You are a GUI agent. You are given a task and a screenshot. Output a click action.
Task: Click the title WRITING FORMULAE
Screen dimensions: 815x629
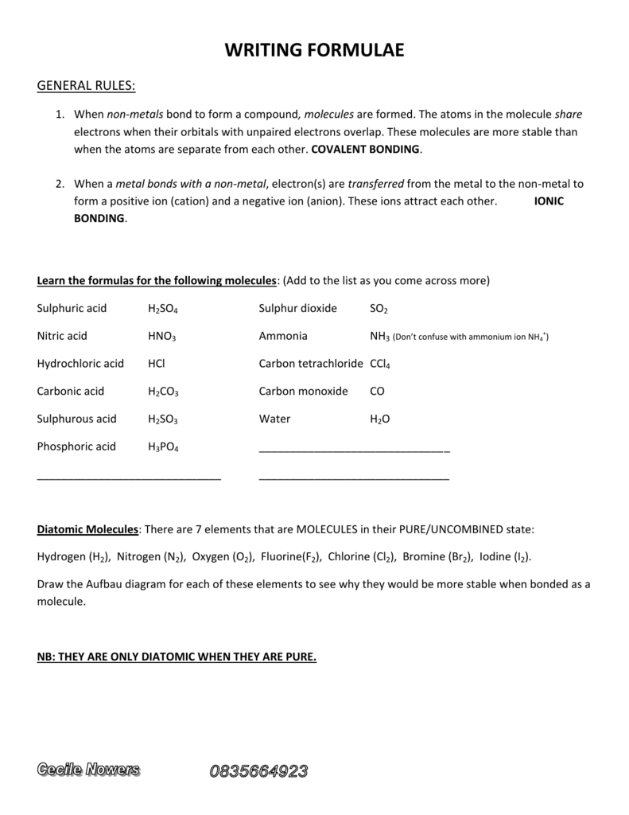pyautogui.click(x=314, y=50)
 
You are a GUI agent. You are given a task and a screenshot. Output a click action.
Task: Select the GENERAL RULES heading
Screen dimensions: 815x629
pyautogui.click(x=86, y=86)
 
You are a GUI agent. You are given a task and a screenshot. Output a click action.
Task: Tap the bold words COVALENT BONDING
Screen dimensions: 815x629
pyautogui.click(x=366, y=149)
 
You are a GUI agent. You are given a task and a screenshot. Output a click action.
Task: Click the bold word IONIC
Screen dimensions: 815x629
pyautogui.click(x=549, y=201)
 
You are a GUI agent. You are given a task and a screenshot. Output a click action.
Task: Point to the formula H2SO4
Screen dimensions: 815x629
pyautogui.click(x=164, y=309)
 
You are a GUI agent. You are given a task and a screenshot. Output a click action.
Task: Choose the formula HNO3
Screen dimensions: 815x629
pyautogui.click(x=161, y=337)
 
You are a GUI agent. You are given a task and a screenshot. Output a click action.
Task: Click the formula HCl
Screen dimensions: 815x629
pyautogui.click(x=156, y=364)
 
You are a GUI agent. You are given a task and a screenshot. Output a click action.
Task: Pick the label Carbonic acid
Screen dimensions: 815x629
pyautogui.click(x=71, y=392)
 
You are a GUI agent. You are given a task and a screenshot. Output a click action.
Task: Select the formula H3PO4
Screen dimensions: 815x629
pyautogui.click(x=163, y=447)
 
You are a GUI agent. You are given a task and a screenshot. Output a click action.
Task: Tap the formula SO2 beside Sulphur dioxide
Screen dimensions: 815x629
pyautogui.click(x=379, y=309)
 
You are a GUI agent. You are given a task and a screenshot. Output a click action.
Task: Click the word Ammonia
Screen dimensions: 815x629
pyautogui.click(x=283, y=336)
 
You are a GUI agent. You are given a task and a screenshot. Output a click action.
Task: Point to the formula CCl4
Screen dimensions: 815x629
pyautogui.click(x=380, y=365)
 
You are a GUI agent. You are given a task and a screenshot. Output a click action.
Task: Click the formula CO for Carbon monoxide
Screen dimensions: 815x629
pyautogui.click(x=377, y=392)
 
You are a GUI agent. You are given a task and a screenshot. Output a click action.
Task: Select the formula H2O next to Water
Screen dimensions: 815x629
pyautogui.click(x=380, y=419)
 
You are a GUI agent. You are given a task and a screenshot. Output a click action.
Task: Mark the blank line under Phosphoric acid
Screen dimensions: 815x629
pyautogui.click(x=129, y=478)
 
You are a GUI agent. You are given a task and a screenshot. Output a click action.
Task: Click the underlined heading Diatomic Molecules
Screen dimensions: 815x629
pyautogui.click(x=88, y=529)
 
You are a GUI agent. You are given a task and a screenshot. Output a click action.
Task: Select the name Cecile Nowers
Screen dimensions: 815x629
pyautogui.click(x=88, y=770)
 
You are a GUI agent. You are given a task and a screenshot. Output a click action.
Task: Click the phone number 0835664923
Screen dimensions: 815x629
pyautogui.click(x=258, y=770)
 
